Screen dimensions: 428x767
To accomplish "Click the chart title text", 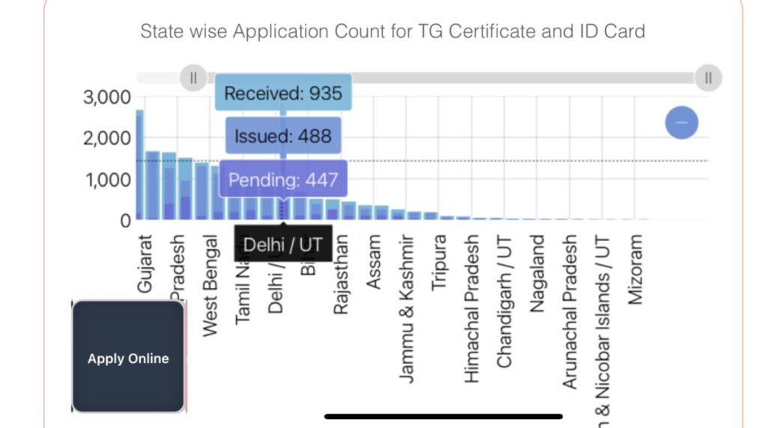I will [392, 31].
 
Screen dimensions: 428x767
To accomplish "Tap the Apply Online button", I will [128, 358].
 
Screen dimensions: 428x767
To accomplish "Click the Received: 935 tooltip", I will [283, 94].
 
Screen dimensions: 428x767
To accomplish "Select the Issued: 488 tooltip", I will [283, 137].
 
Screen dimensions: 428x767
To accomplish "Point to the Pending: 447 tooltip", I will [283, 180].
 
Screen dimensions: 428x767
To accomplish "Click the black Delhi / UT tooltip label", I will [283, 244].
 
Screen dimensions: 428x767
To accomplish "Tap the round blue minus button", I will [682, 122].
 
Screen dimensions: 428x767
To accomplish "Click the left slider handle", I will [193, 77].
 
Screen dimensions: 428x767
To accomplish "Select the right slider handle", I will [708, 77].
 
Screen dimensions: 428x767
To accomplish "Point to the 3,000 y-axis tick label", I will [107, 97].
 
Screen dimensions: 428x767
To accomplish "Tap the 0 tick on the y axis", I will [124, 221].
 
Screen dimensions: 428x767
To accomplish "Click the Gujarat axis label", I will [145, 264].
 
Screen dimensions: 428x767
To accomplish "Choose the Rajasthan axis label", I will [341, 273].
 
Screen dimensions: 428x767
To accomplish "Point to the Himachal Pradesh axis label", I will [472, 309].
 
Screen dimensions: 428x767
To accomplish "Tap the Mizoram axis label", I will [636, 268].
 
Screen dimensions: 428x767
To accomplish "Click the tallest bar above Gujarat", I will [139, 165].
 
